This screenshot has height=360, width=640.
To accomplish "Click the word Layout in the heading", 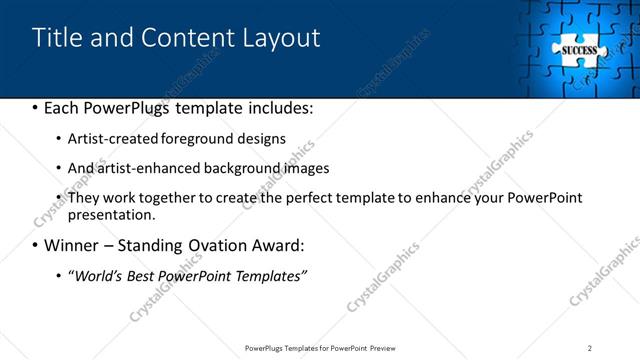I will coord(281,38).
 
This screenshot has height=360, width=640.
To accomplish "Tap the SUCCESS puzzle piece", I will coord(579,49).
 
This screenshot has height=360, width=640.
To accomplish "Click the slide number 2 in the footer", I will coord(590,348).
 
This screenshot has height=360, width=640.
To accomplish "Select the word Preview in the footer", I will coord(382,348).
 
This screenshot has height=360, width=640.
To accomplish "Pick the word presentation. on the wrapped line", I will coord(112,215).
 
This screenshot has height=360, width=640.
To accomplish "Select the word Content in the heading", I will coord(190,38).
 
